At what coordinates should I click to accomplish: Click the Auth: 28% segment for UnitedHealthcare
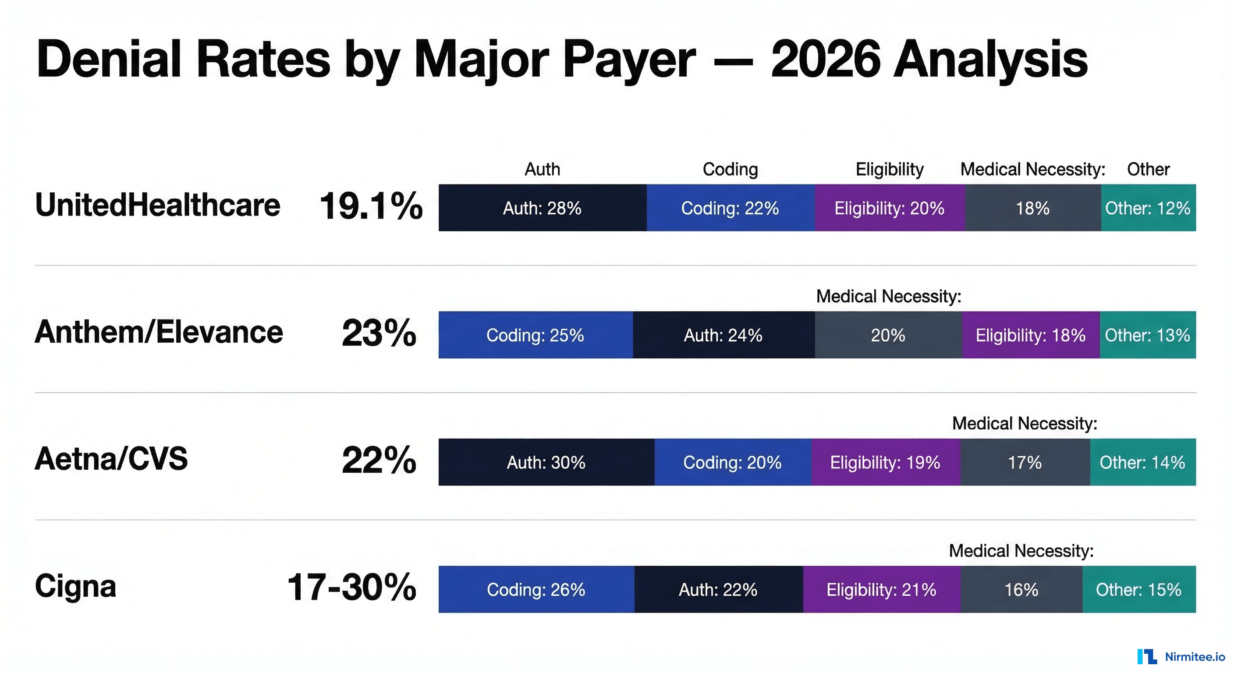point(542,208)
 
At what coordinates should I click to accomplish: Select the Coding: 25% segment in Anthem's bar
point(535,335)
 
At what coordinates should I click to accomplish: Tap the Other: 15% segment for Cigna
point(1138,589)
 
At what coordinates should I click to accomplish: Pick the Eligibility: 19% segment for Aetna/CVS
point(885,462)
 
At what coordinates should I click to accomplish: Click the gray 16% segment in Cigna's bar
point(1021,589)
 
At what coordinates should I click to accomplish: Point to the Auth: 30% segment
point(546,462)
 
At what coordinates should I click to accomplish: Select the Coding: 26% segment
point(536,589)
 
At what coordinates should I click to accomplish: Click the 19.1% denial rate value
point(371,206)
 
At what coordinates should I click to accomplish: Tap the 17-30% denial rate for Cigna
point(351,587)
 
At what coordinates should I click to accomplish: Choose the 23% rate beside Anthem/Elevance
point(379,333)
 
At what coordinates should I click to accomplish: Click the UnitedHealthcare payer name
point(158,205)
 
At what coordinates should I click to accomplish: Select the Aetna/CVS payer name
point(111,459)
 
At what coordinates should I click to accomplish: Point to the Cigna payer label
point(76,586)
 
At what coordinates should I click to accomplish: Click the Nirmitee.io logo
point(1181,657)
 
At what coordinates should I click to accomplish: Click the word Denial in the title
point(109,60)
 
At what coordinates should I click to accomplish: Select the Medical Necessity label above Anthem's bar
point(889,297)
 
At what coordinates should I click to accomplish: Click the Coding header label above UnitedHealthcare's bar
point(730,169)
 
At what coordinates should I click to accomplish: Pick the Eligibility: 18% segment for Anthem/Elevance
point(1030,335)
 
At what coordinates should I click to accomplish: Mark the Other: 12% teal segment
point(1148,208)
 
